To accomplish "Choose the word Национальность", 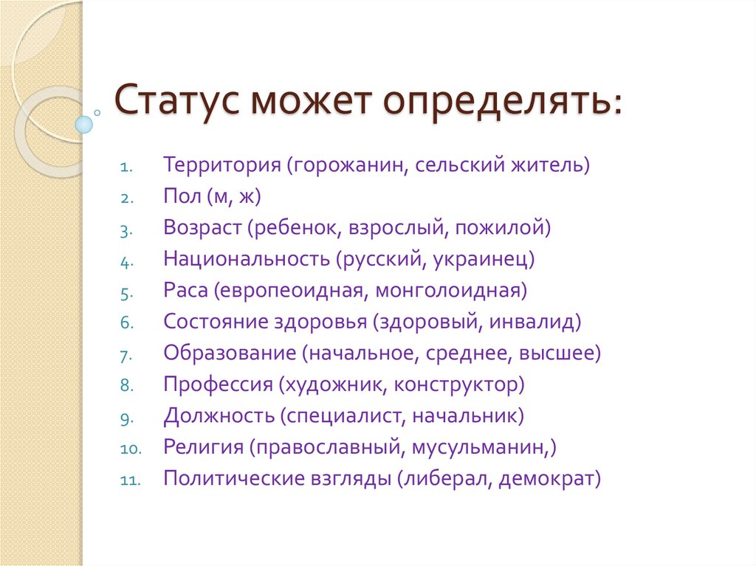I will click(245, 258).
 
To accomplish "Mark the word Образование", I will click(229, 353).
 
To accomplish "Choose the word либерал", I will click(446, 479).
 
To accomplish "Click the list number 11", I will click(129, 480).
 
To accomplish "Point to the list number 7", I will click(126, 354).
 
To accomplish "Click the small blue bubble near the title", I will click(85, 123).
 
